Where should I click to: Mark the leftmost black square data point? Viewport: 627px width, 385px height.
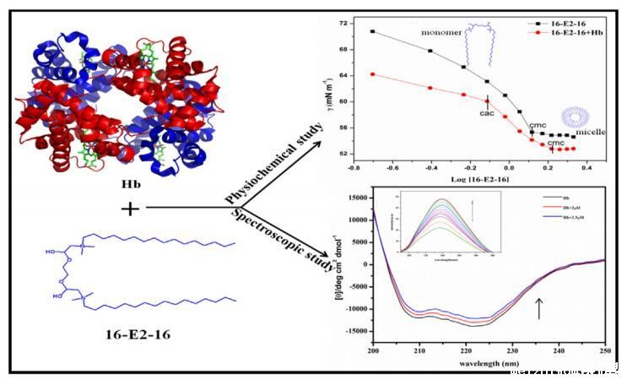tap(373, 31)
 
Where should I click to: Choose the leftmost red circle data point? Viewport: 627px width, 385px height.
tap(373, 74)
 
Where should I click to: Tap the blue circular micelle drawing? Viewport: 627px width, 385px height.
tap(576, 117)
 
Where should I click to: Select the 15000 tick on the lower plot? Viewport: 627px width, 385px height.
tap(357, 198)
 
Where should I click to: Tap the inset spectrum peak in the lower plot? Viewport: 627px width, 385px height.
tap(442, 200)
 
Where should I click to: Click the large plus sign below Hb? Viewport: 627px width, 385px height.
tap(131, 208)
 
